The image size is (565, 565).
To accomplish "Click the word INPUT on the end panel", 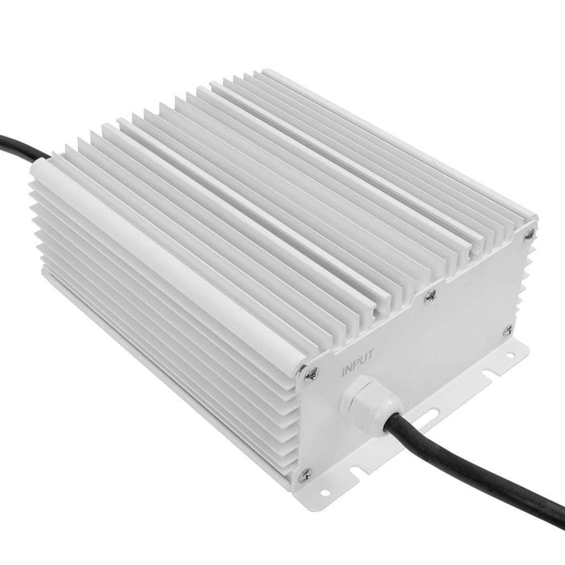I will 358,363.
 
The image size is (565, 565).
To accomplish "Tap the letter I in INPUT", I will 343,371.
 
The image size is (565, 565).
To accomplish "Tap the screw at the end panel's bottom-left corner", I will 304,474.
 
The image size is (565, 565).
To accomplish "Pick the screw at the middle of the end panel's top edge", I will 431,295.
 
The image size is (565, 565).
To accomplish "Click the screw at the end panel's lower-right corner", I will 508,331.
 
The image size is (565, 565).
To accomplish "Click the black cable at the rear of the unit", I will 22,145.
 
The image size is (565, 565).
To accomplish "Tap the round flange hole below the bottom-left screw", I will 324,492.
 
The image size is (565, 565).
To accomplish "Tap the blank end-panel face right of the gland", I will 458,353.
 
